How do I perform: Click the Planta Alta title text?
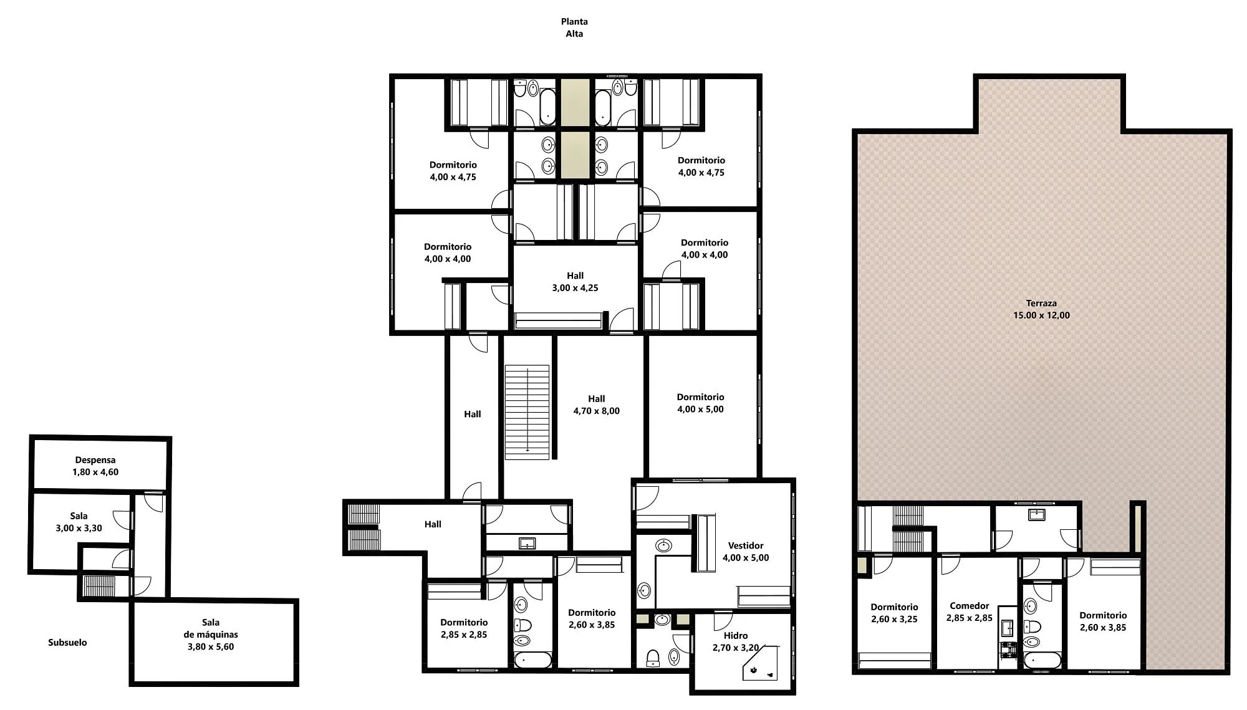coord(574,27)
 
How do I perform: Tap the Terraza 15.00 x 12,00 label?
coord(1041,309)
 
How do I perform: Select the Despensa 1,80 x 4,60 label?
coord(95,466)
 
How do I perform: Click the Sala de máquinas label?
coord(211,635)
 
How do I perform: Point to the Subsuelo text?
coord(67,643)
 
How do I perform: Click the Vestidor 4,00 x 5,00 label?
coord(746,552)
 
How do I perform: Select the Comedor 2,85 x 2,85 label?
coord(970,612)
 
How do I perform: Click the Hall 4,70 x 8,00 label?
coord(597,405)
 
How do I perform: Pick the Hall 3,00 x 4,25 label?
coord(575,282)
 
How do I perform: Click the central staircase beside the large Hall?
coord(527,413)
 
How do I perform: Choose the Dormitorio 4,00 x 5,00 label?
coord(701,403)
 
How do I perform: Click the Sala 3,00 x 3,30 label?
coord(79,522)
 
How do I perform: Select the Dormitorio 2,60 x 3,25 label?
coord(894,613)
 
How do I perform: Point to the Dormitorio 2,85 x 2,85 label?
coord(464,628)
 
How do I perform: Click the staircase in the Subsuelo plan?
coord(100,587)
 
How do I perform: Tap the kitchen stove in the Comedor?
coord(1006,651)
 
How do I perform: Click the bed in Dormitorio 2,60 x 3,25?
coord(895,661)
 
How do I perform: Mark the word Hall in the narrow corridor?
coord(473,414)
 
